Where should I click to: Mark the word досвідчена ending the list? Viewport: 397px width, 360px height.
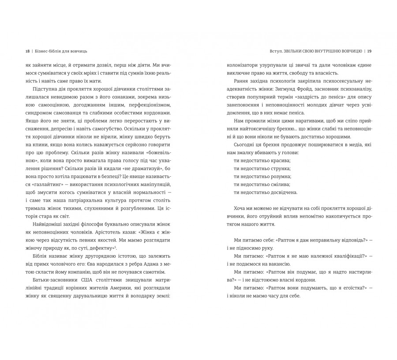[283, 192]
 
